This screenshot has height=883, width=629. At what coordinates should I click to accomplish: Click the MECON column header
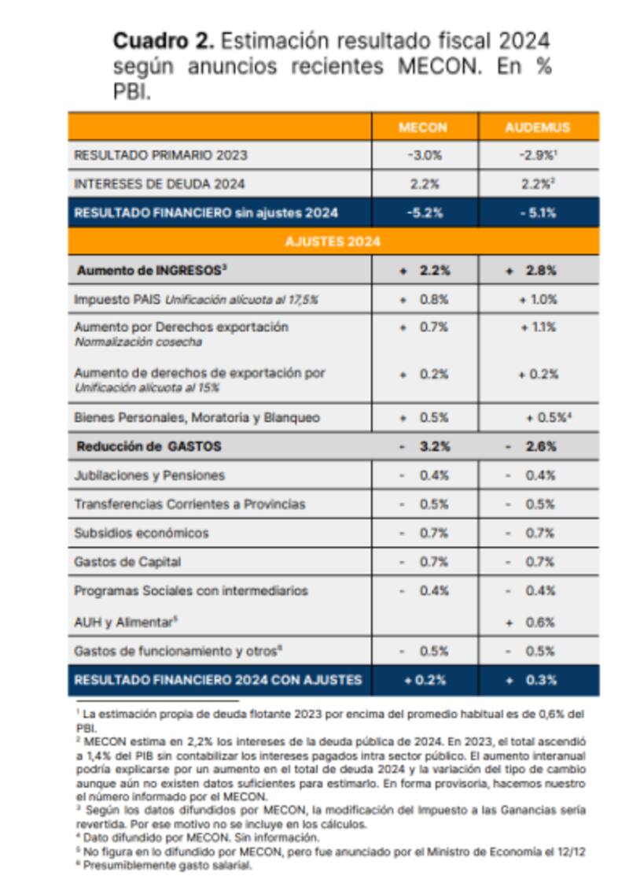click(x=424, y=127)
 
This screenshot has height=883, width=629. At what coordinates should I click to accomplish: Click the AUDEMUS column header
click(x=539, y=127)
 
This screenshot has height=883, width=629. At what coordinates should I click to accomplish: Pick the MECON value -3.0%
click(x=425, y=155)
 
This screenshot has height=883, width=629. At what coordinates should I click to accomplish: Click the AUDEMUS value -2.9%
click(x=538, y=155)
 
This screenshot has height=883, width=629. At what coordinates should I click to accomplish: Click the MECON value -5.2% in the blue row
click(x=425, y=212)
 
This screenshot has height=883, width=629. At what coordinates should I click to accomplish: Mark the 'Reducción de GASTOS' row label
click(x=149, y=446)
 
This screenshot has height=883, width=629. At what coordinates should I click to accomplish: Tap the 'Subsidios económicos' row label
click(x=142, y=533)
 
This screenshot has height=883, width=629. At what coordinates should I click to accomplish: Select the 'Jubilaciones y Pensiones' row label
click(x=149, y=475)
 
